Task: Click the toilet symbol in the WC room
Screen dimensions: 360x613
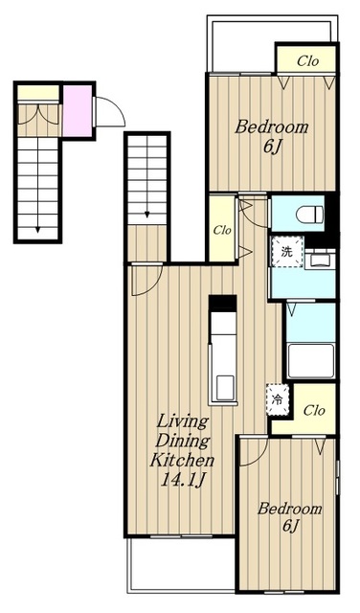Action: [310, 215]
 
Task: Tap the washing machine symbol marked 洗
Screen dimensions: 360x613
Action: [287, 252]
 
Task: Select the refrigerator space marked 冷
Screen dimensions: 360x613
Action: [278, 399]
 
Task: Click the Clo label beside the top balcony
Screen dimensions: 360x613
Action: [307, 61]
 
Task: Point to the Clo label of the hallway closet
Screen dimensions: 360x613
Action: [222, 230]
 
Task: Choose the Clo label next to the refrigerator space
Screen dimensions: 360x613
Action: [314, 411]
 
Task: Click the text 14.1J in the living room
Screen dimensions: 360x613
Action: [183, 480]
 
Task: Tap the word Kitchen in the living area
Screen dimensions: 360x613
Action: [183, 460]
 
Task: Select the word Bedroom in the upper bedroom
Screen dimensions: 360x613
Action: [271, 127]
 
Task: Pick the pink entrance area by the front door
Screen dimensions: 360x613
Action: [78, 111]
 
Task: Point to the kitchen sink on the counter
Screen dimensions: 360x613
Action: [226, 387]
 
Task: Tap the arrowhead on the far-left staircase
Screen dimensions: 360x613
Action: [37, 230]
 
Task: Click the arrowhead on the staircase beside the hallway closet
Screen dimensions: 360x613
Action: [147, 215]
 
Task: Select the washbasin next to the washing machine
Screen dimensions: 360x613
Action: [320, 260]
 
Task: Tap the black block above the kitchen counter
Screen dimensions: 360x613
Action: [222, 304]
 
